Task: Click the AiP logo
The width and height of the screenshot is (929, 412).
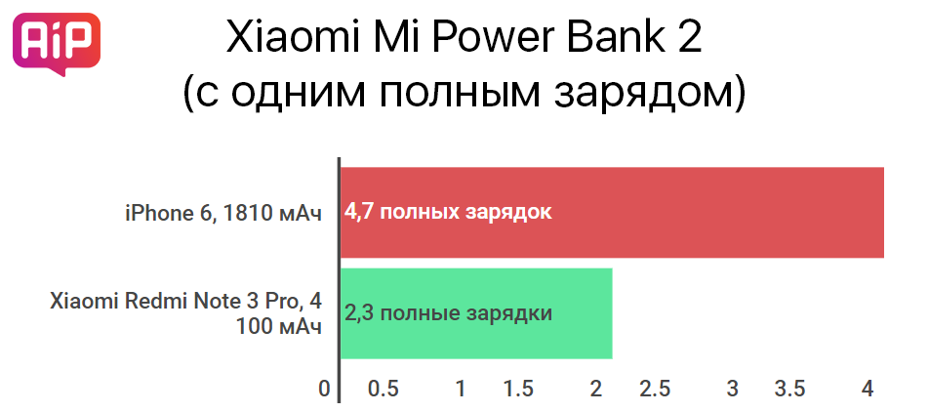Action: coord(57,44)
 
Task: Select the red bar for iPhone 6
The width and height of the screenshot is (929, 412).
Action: coord(612,213)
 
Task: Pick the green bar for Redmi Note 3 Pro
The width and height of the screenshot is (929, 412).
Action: coord(476,313)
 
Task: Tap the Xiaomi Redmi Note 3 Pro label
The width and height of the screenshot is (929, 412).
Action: coord(186,313)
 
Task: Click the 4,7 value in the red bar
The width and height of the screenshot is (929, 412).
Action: coord(360,213)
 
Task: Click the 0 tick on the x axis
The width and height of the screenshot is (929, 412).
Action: coord(324,390)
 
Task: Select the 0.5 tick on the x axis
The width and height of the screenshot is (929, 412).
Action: coord(384,390)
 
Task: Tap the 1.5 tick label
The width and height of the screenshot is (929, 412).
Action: coord(518,390)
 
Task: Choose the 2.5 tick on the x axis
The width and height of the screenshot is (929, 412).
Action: coord(655,390)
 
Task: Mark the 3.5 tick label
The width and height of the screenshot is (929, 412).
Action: coord(790,390)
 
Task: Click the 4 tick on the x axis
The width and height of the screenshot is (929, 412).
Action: coord(868,390)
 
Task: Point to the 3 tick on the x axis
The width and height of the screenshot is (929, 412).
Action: coord(732,390)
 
